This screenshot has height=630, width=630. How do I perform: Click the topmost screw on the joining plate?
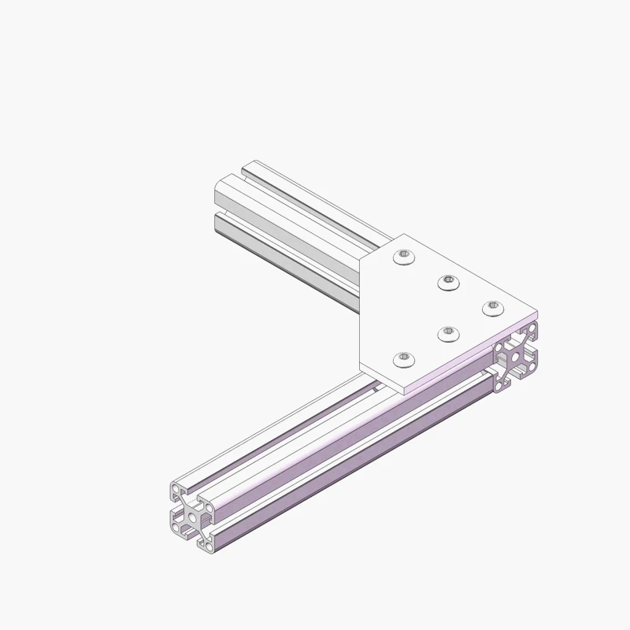click(x=404, y=257)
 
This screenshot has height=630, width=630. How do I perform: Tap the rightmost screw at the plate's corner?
click(x=491, y=307)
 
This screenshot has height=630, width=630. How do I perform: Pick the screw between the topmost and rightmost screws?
click(x=448, y=281)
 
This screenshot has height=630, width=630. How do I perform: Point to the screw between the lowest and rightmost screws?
click(x=447, y=334)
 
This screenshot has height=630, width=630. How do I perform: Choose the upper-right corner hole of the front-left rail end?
click(x=207, y=504)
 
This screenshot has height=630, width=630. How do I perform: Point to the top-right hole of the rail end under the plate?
click(x=532, y=328)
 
